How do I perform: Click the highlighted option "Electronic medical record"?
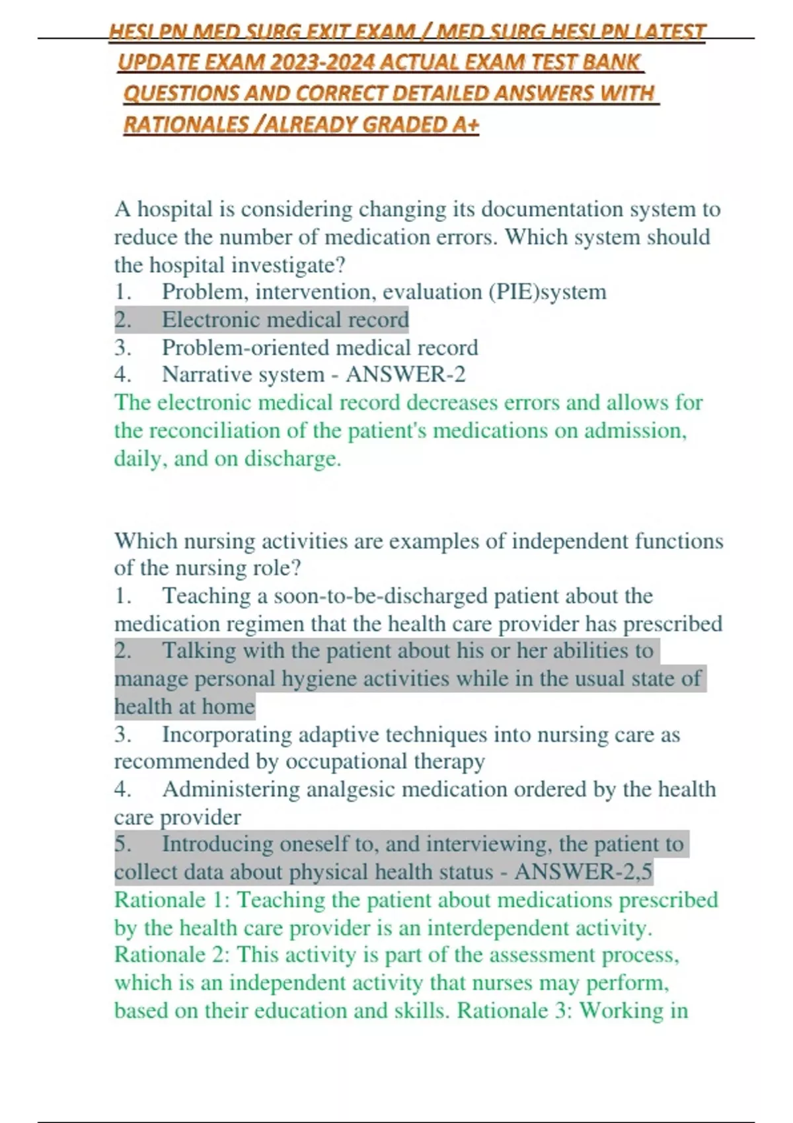pyautogui.click(x=285, y=320)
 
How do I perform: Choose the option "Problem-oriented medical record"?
pyautogui.click(x=320, y=347)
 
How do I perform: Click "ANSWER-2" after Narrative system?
pyautogui.click(x=406, y=375)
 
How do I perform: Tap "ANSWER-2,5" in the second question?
pyautogui.click(x=584, y=872)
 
